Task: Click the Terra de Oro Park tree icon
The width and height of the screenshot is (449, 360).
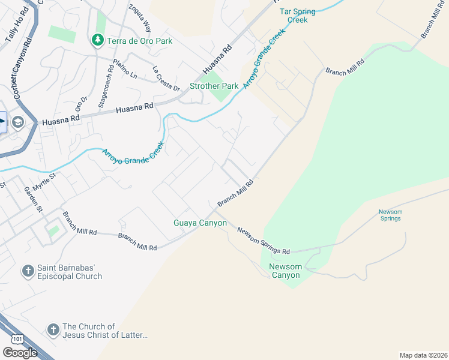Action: pos(97,40)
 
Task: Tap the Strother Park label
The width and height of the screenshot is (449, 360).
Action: pos(214,86)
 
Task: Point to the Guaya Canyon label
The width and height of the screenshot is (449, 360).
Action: pos(200,223)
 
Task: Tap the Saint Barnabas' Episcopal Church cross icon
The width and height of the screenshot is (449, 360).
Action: pos(28,271)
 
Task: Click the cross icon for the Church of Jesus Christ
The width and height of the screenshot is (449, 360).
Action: pos(53,329)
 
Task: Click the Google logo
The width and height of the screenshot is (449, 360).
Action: pos(20,352)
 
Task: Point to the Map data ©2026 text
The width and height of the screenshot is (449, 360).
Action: pos(423,355)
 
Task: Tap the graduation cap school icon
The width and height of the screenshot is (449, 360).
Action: pos(17,122)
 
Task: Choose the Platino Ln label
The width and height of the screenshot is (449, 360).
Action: pos(126,69)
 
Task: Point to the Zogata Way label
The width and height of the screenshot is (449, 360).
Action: pos(139,18)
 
